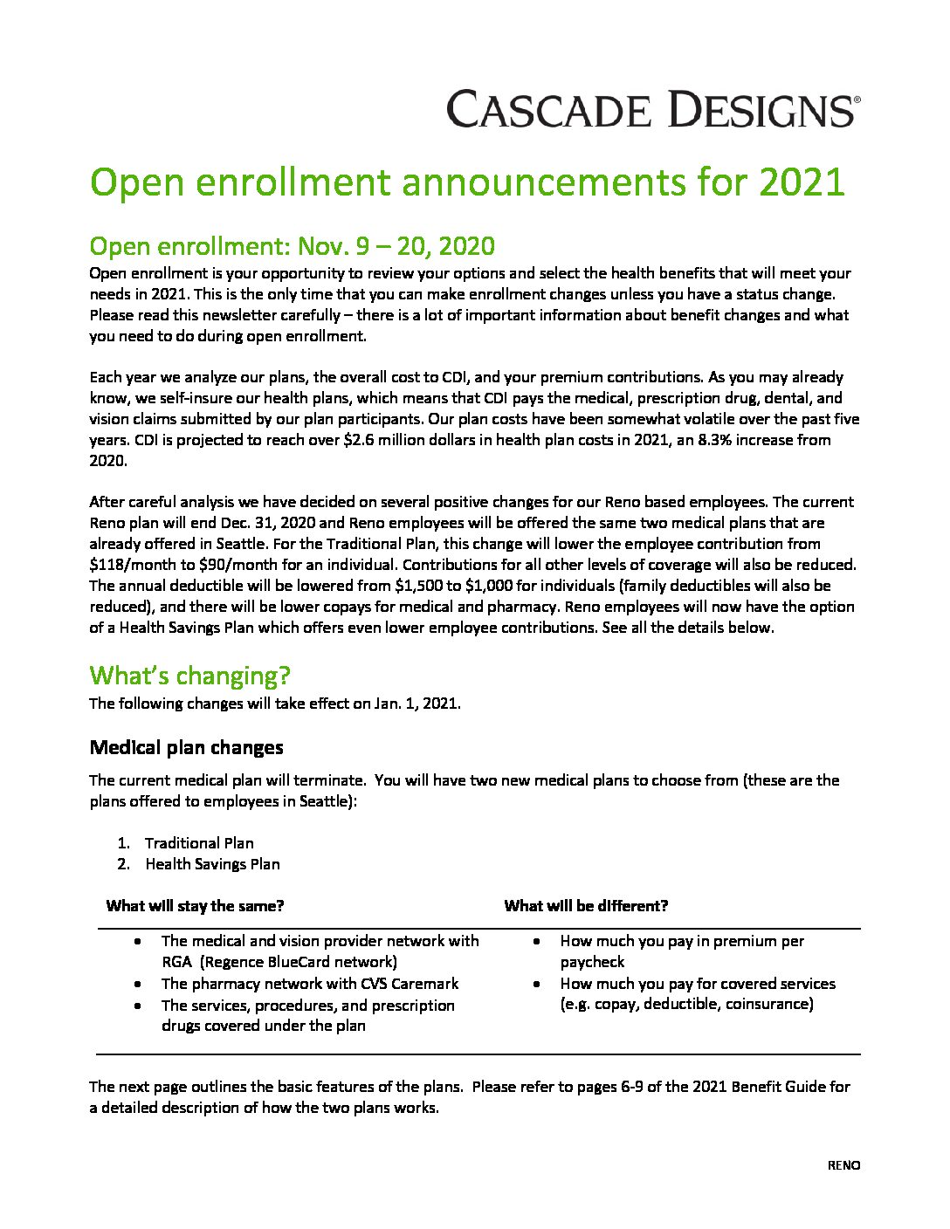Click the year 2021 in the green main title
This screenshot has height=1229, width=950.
click(802, 182)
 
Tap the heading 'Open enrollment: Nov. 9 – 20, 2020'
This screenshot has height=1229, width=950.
click(292, 247)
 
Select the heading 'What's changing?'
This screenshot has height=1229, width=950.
click(189, 676)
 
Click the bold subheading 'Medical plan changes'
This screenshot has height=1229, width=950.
click(186, 747)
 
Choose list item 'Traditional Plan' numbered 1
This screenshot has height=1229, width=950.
click(199, 843)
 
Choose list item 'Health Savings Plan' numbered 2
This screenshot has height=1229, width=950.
click(212, 864)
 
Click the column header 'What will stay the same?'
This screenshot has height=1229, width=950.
click(195, 906)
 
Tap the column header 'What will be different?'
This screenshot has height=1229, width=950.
click(586, 906)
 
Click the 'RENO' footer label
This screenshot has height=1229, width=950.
click(843, 1165)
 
